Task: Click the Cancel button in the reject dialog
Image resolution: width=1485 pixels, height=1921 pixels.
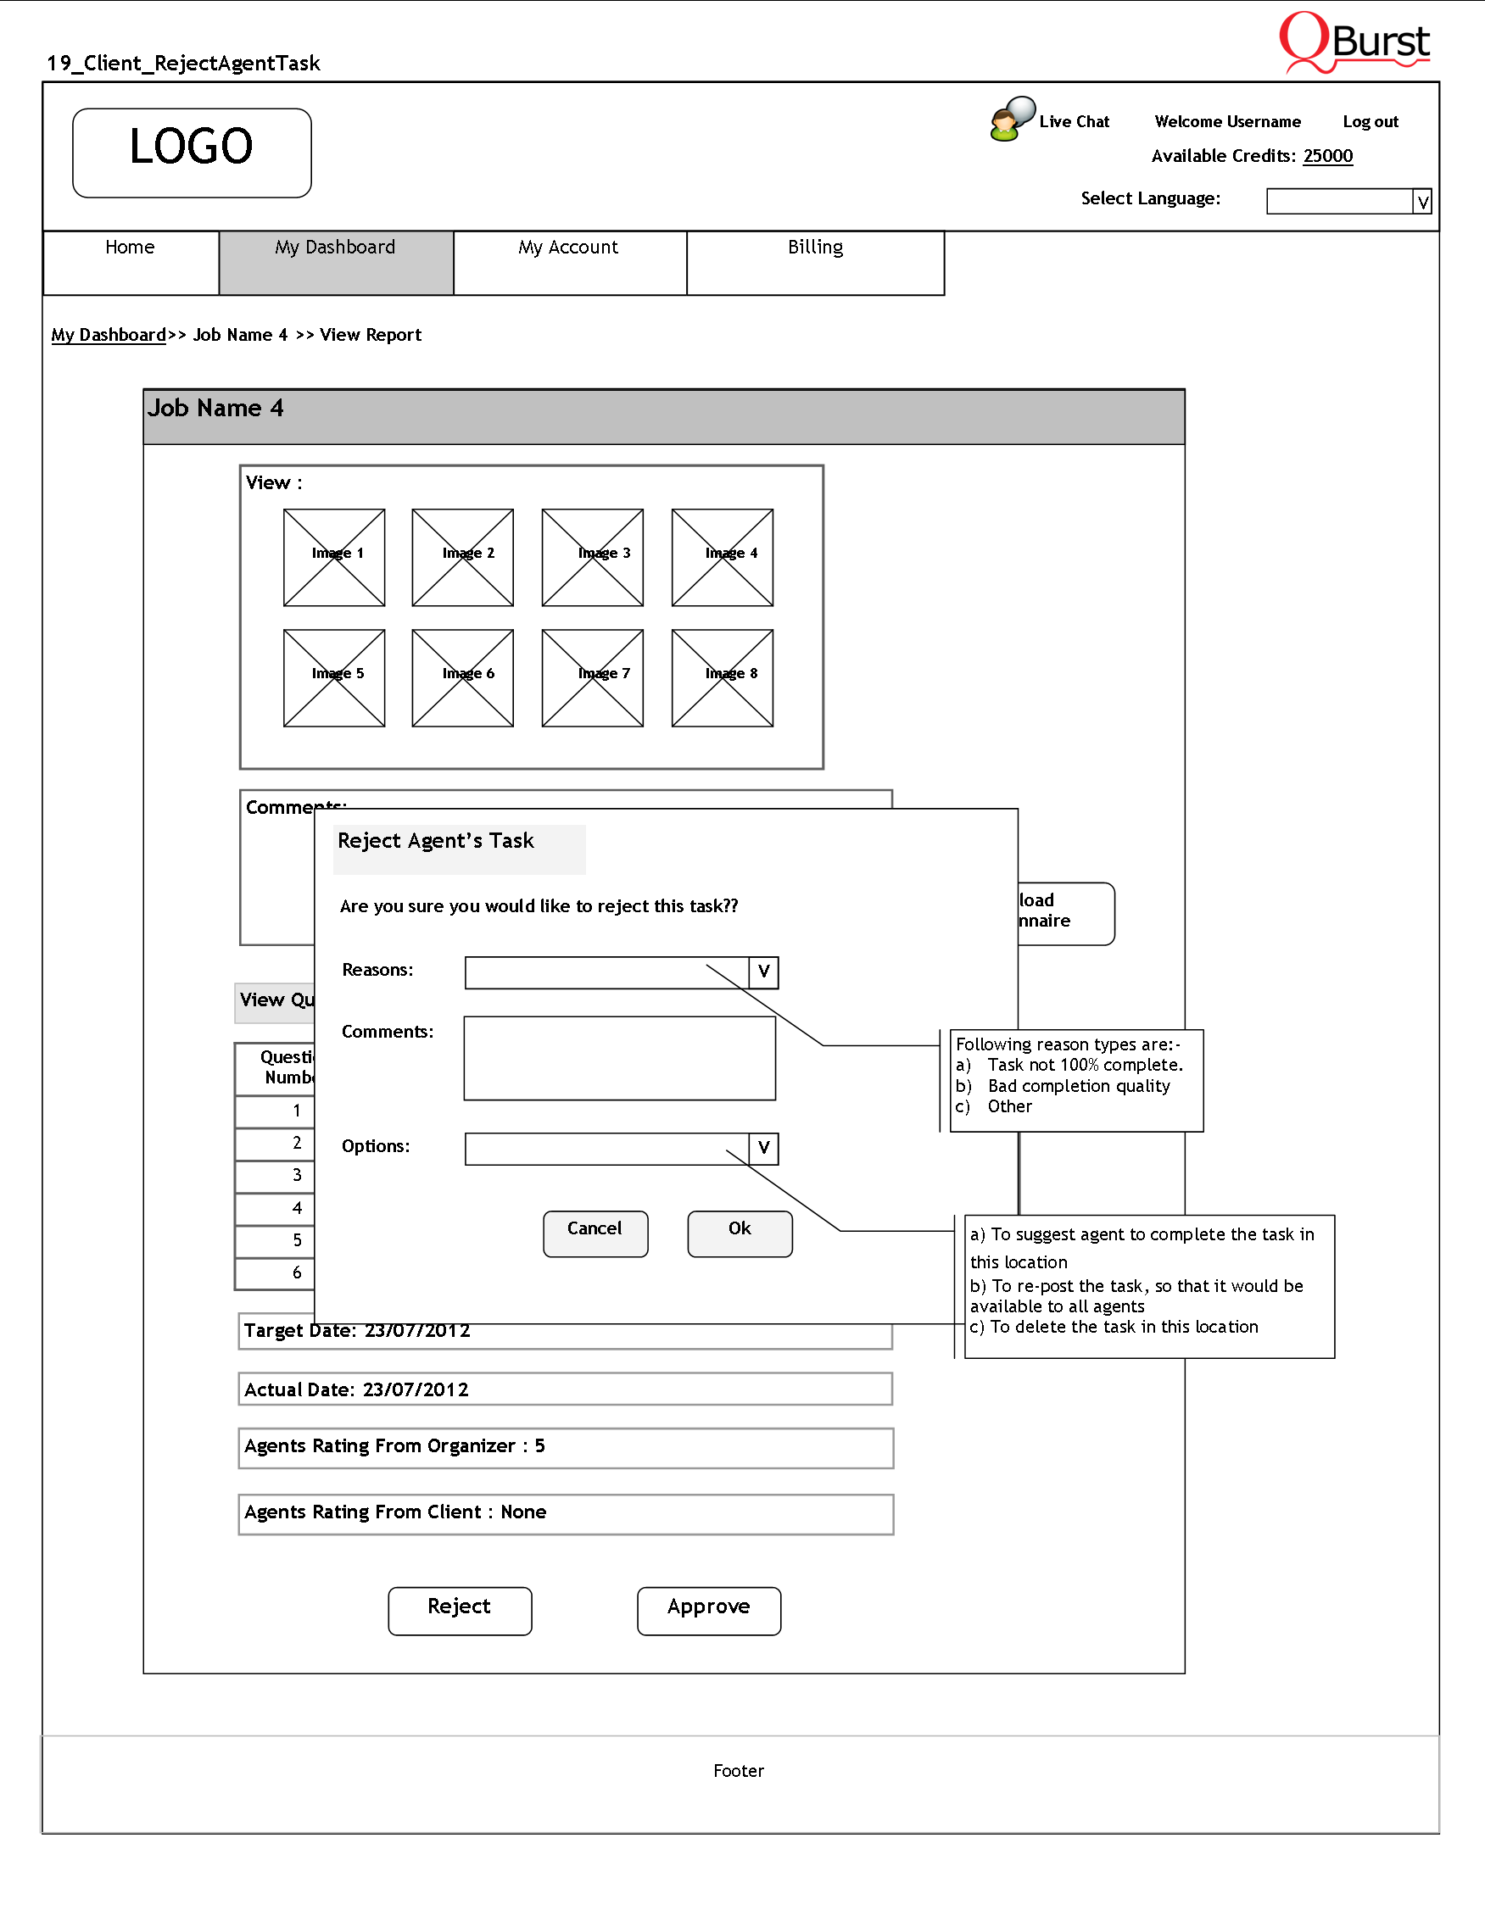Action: (595, 1233)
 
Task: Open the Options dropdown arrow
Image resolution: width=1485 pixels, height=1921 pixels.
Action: (763, 1148)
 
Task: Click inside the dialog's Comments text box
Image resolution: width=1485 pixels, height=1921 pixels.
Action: (619, 1058)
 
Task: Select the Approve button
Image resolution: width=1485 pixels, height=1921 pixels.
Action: (708, 1611)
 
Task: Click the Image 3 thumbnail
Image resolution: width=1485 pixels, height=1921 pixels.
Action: (592, 558)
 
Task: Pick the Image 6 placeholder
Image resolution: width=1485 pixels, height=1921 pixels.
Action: (463, 678)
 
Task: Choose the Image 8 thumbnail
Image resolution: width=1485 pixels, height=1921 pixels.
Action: (723, 678)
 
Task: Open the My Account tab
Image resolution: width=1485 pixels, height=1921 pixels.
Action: (569, 262)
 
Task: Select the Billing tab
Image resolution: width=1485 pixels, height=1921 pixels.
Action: (815, 262)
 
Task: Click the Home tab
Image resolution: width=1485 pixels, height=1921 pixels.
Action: (131, 262)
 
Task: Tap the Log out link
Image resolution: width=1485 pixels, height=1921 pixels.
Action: (1370, 122)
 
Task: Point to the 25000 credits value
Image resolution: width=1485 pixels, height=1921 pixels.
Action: (1327, 157)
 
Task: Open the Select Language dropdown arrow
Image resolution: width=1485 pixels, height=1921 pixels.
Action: (1421, 203)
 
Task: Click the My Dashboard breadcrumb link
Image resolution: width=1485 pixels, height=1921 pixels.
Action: (109, 335)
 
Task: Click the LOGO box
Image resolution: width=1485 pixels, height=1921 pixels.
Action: (192, 153)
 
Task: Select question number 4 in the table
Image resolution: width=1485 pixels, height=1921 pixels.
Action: (297, 1209)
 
